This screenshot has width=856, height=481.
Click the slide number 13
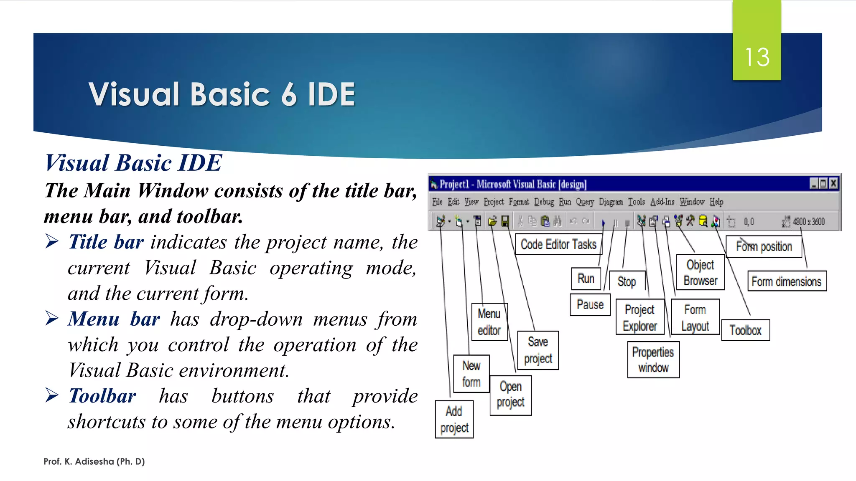pyautogui.click(x=757, y=57)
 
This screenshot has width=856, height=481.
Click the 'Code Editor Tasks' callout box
pyautogui.click(x=558, y=244)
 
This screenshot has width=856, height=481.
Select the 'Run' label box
pyautogui.click(x=586, y=278)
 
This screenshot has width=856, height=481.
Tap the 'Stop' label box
pyautogui.click(x=627, y=282)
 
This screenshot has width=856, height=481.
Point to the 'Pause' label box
pyautogui.click(x=590, y=304)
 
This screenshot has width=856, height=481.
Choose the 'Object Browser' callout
pyautogui.click(x=701, y=273)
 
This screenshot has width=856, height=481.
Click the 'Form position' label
pyautogui.click(x=764, y=247)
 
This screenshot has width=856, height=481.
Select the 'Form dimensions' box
pyautogui.click(x=786, y=281)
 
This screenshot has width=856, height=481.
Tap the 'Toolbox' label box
pyautogui.click(x=745, y=330)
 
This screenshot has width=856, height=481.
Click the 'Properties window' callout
pyautogui.click(x=653, y=359)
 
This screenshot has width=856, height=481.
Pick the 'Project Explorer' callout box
pyautogui.click(x=639, y=317)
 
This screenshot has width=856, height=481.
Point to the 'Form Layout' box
pyautogui.click(x=695, y=317)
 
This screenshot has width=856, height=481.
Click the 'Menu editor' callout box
pyautogui.click(x=489, y=322)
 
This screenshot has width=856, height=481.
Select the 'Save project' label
pyautogui.click(x=538, y=350)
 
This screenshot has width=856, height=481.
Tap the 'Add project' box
pyautogui.click(x=454, y=419)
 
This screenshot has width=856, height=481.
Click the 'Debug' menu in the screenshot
pyautogui.click(x=544, y=202)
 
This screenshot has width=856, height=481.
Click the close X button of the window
pyautogui.click(x=833, y=183)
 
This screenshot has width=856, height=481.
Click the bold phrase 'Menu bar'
pyautogui.click(x=114, y=319)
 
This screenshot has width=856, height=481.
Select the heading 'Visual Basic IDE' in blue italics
pyautogui.click(x=133, y=163)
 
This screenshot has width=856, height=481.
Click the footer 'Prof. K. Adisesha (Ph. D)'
pyautogui.click(x=94, y=461)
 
